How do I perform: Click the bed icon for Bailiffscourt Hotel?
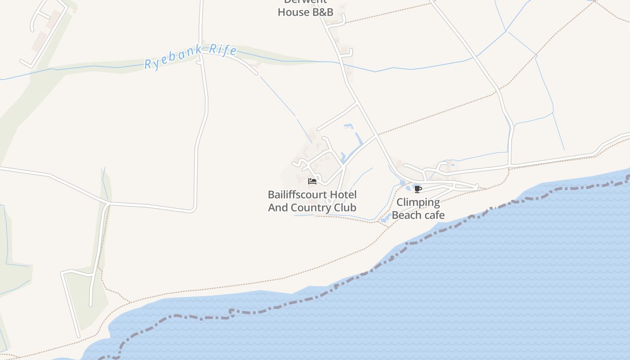pyautogui.click(x=312, y=181)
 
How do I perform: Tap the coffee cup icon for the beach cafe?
pyautogui.click(x=418, y=189)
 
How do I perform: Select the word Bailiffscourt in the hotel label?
pyautogui.click(x=298, y=195)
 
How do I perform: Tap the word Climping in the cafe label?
pyautogui.click(x=418, y=202)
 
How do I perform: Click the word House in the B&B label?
pyautogui.click(x=293, y=12)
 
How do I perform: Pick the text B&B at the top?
pyautogui.click(x=323, y=12)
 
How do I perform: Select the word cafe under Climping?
pyautogui.click(x=433, y=215)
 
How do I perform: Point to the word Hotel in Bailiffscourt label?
pyautogui.click(x=343, y=195)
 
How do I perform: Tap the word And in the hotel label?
pyautogui.click(x=278, y=207)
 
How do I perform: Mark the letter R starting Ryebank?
pyautogui.click(x=148, y=65)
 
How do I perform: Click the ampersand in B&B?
pyautogui.click(x=323, y=12)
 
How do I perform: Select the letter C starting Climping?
pyautogui.click(x=400, y=202)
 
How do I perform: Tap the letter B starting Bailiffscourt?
pyautogui.click(x=271, y=195)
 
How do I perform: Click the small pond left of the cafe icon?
pyautogui.click(x=402, y=183)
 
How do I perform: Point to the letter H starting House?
pyautogui.click(x=282, y=12)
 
